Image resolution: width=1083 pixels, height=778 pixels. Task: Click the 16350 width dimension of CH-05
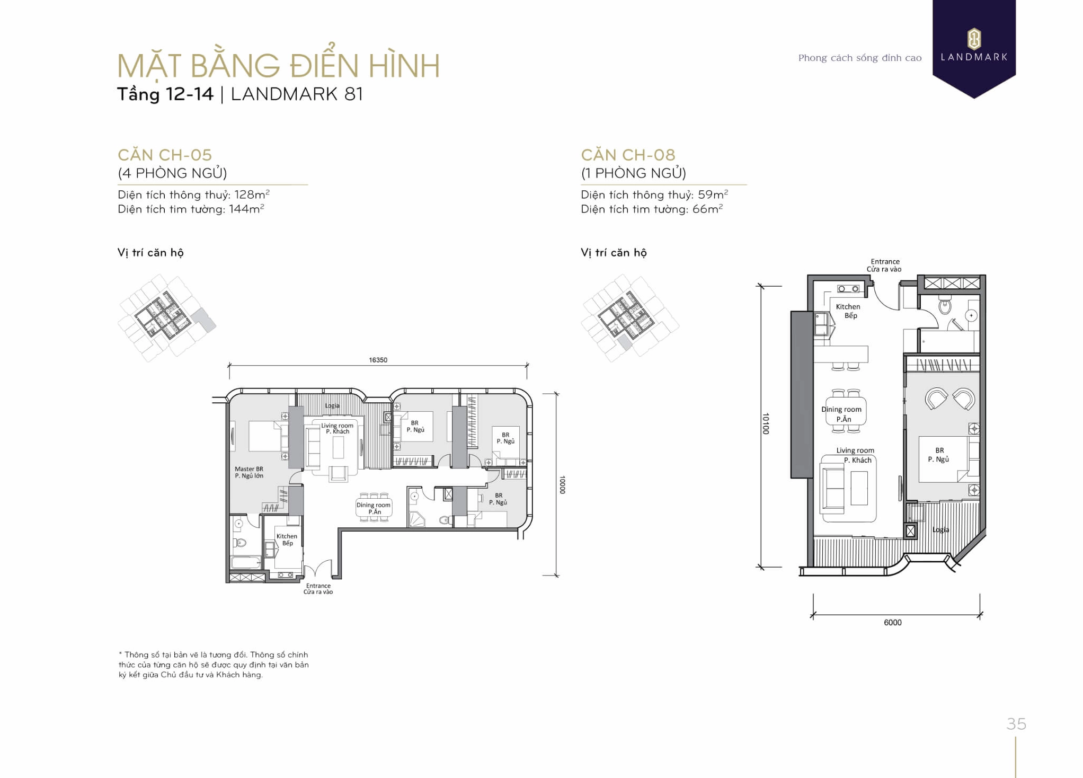[x=378, y=360]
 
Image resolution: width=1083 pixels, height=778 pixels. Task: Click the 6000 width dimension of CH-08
[x=892, y=622]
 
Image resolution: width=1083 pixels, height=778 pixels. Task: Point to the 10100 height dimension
[x=765, y=423]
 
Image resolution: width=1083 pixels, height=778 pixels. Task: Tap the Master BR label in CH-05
[x=249, y=472]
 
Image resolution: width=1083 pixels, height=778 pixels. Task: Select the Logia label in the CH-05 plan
[x=332, y=406]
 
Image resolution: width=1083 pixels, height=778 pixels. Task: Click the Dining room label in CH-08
[x=841, y=413]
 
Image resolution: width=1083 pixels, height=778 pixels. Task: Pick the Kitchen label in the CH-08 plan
[x=848, y=311]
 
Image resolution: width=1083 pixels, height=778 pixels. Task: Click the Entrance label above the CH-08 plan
[x=884, y=265]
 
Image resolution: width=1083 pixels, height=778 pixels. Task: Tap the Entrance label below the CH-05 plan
[x=318, y=589]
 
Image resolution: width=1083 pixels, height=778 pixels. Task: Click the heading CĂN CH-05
[x=165, y=155]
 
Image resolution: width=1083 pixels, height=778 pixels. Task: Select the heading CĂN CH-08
[x=628, y=155]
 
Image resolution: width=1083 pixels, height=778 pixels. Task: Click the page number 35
[x=1016, y=723]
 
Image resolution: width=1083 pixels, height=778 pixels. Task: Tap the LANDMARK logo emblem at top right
[x=974, y=39]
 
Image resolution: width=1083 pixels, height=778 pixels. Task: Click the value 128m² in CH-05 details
[x=252, y=194]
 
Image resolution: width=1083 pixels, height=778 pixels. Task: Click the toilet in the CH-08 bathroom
[x=945, y=306]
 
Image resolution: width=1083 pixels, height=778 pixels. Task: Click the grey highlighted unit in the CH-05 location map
[x=203, y=320]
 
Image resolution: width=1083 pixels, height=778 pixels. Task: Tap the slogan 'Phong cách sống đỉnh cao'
[x=859, y=58]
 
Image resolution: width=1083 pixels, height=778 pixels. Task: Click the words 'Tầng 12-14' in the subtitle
[x=165, y=94]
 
